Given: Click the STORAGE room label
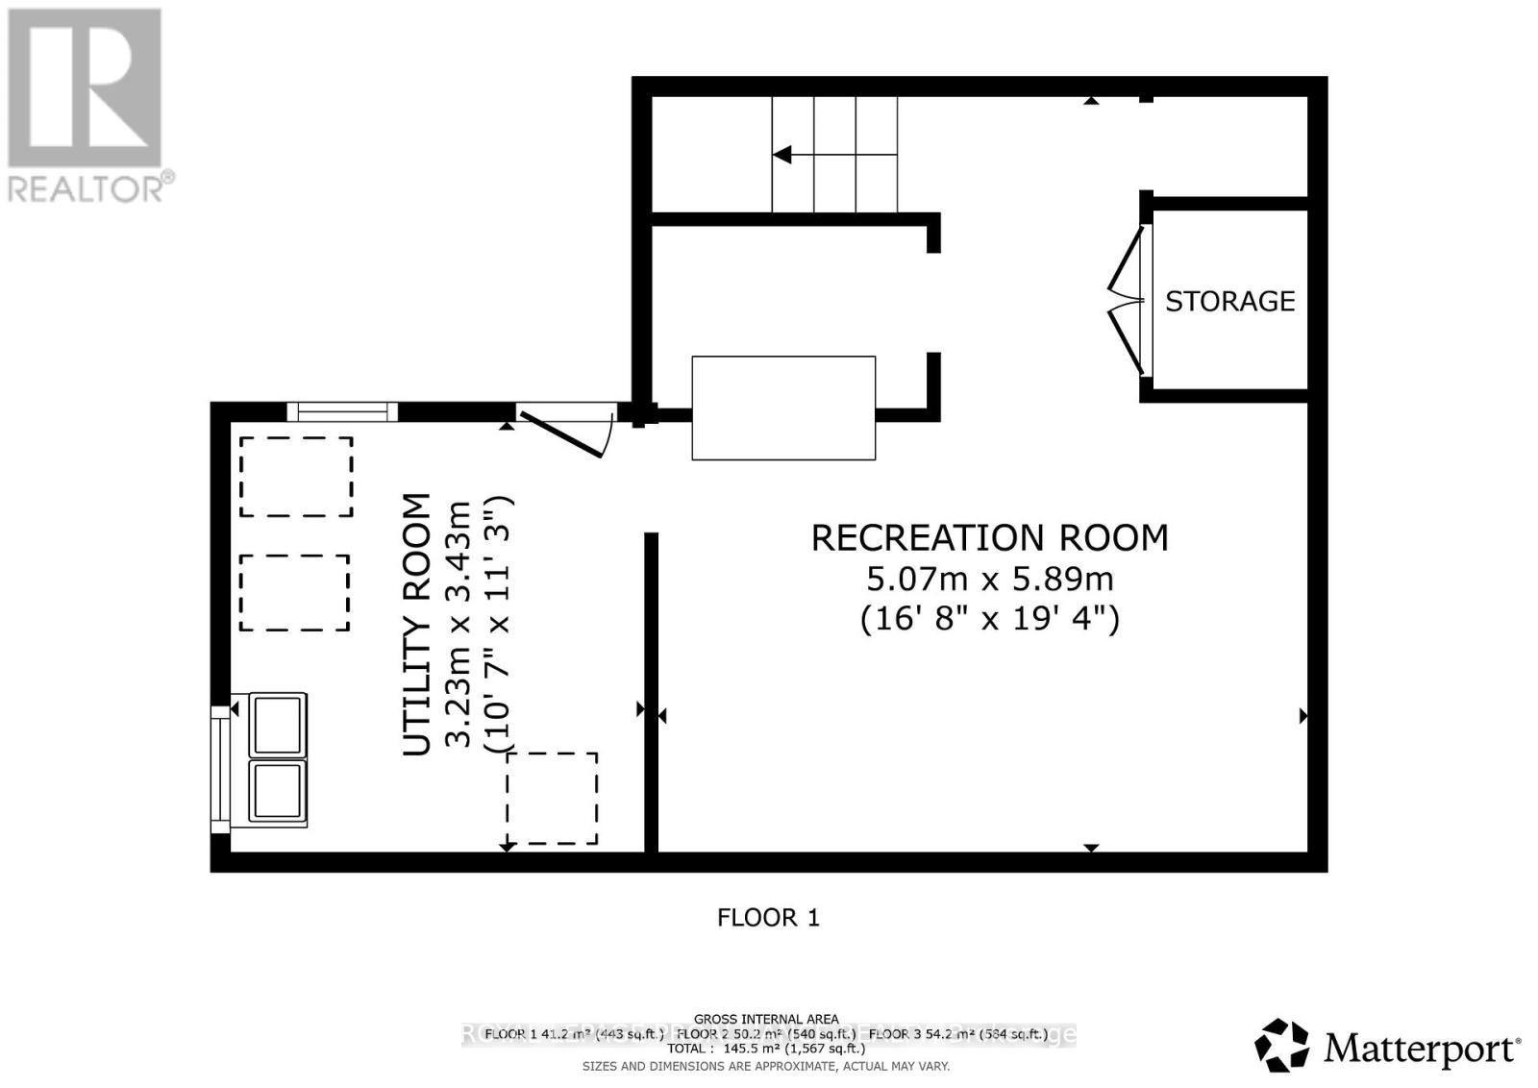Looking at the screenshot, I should tap(1229, 302).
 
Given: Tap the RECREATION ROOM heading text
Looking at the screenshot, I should tap(989, 538).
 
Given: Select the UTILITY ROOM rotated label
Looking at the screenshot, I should tap(415, 625).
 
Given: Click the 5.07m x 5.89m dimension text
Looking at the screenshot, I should tap(989, 579).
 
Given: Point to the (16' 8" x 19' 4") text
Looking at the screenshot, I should tap(989, 617).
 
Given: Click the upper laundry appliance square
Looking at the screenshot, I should tap(278, 726).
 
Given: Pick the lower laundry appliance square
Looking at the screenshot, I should tap(278, 792).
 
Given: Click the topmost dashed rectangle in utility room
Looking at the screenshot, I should tap(296, 477).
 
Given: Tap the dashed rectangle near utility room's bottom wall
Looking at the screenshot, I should tap(552, 799).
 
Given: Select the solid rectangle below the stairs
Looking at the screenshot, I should tap(783, 408).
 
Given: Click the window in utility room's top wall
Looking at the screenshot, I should tap(342, 412).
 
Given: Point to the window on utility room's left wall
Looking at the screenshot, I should tap(220, 767).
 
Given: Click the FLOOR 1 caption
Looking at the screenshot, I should tap(768, 918).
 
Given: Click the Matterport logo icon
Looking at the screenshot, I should tap(1281, 1046).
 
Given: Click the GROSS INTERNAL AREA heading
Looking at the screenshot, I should tap(765, 1019).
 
